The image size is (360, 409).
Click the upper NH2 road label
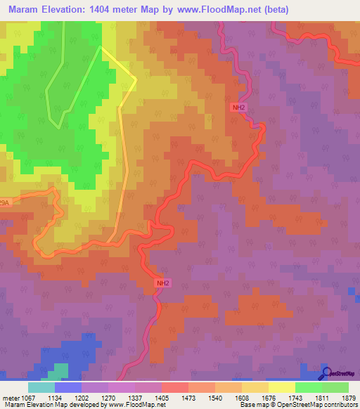[x=239, y=108]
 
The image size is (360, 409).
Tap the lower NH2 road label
[x=162, y=283]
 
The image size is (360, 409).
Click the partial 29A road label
[x=5, y=203]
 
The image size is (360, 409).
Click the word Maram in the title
[x=25, y=11]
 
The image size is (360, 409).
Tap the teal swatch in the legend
[x=41, y=387]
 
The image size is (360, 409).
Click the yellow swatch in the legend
[x=281, y=387]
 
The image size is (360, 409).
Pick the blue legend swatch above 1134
[x=67, y=387]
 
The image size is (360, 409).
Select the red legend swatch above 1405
[x=174, y=387]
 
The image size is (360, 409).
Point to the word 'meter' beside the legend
[x=11, y=397]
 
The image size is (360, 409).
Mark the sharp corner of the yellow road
[x=136, y=79]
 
